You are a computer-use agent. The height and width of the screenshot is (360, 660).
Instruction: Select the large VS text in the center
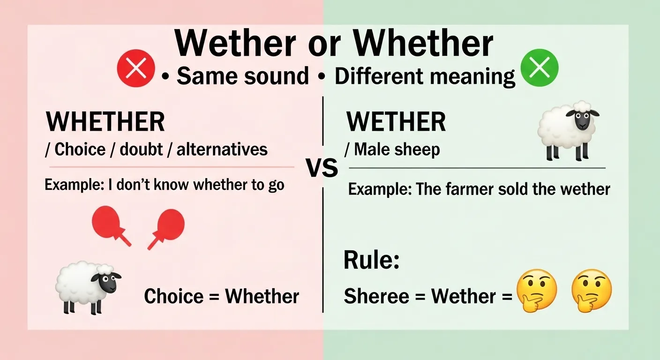(322, 168)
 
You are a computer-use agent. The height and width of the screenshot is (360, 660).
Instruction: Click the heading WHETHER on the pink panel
(105, 122)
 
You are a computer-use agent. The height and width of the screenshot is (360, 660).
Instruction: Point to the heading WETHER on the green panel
(396, 122)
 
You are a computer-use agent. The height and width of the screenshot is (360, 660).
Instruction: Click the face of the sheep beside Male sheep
(583, 120)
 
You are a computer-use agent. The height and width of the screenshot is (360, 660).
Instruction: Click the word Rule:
(371, 261)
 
